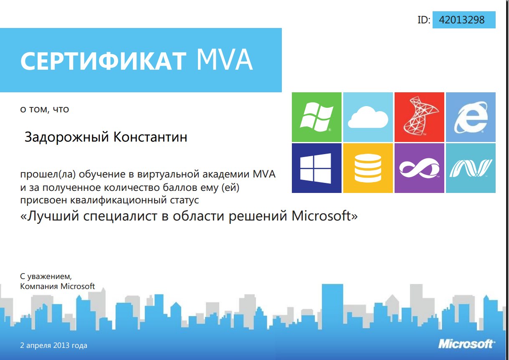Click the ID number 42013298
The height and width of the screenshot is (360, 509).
(461, 20)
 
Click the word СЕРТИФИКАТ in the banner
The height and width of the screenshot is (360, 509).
(104, 61)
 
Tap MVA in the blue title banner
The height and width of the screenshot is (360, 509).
(225, 60)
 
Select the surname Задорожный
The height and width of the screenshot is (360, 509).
(66, 137)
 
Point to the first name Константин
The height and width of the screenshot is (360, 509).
(150, 137)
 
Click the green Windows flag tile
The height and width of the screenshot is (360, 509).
(317, 117)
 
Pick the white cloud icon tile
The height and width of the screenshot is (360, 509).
(368, 117)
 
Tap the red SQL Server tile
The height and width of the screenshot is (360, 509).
(419, 117)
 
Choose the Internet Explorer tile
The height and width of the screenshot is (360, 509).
(471, 117)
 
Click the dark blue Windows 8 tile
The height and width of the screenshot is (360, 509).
(317, 168)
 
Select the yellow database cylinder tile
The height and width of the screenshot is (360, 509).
(368, 168)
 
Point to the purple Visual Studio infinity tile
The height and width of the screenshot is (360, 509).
(419, 168)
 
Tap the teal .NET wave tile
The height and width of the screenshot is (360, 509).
(471, 168)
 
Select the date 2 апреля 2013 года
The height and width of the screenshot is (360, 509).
(53, 345)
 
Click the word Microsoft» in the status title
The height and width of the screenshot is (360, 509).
(324, 215)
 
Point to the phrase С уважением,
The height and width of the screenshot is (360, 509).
(46, 276)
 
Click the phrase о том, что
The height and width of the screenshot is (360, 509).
(45, 109)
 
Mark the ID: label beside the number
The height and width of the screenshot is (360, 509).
(424, 20)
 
